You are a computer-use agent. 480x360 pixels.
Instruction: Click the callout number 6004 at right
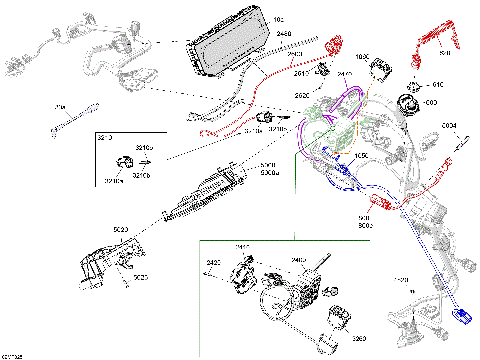click(449, 125)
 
